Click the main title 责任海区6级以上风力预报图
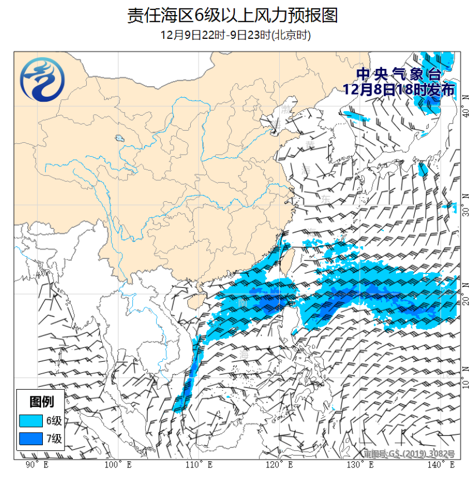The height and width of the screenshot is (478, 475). pyautogui.click(x=232, y=15)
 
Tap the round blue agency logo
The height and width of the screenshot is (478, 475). pyautogui.click(x=42, y=82)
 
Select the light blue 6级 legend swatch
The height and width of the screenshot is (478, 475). pyautogui.click(x=31, y=420)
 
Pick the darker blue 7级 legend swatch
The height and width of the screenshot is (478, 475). pyautogui.click(x=31, y=439)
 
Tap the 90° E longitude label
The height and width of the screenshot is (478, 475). pyautogui.click(x=37, y=465)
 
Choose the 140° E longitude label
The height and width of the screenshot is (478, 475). pyautogui.click(x=441, y=465)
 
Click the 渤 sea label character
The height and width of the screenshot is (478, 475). pyautogui.click(x=286, y=107)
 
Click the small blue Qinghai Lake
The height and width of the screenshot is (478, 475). pyautogui.click(x=118, y=138)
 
